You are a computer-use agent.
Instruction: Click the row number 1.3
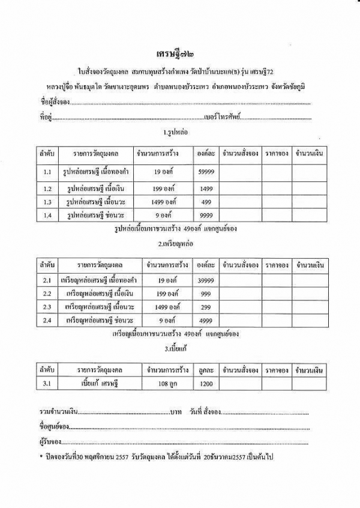[48, 202]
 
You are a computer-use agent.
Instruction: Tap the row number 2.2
[48, 294]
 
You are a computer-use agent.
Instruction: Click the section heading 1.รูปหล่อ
[179, 132]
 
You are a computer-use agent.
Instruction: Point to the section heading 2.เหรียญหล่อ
[179, 244]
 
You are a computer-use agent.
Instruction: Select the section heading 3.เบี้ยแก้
[179, 348]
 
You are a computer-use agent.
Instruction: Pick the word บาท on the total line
[176, 413]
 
